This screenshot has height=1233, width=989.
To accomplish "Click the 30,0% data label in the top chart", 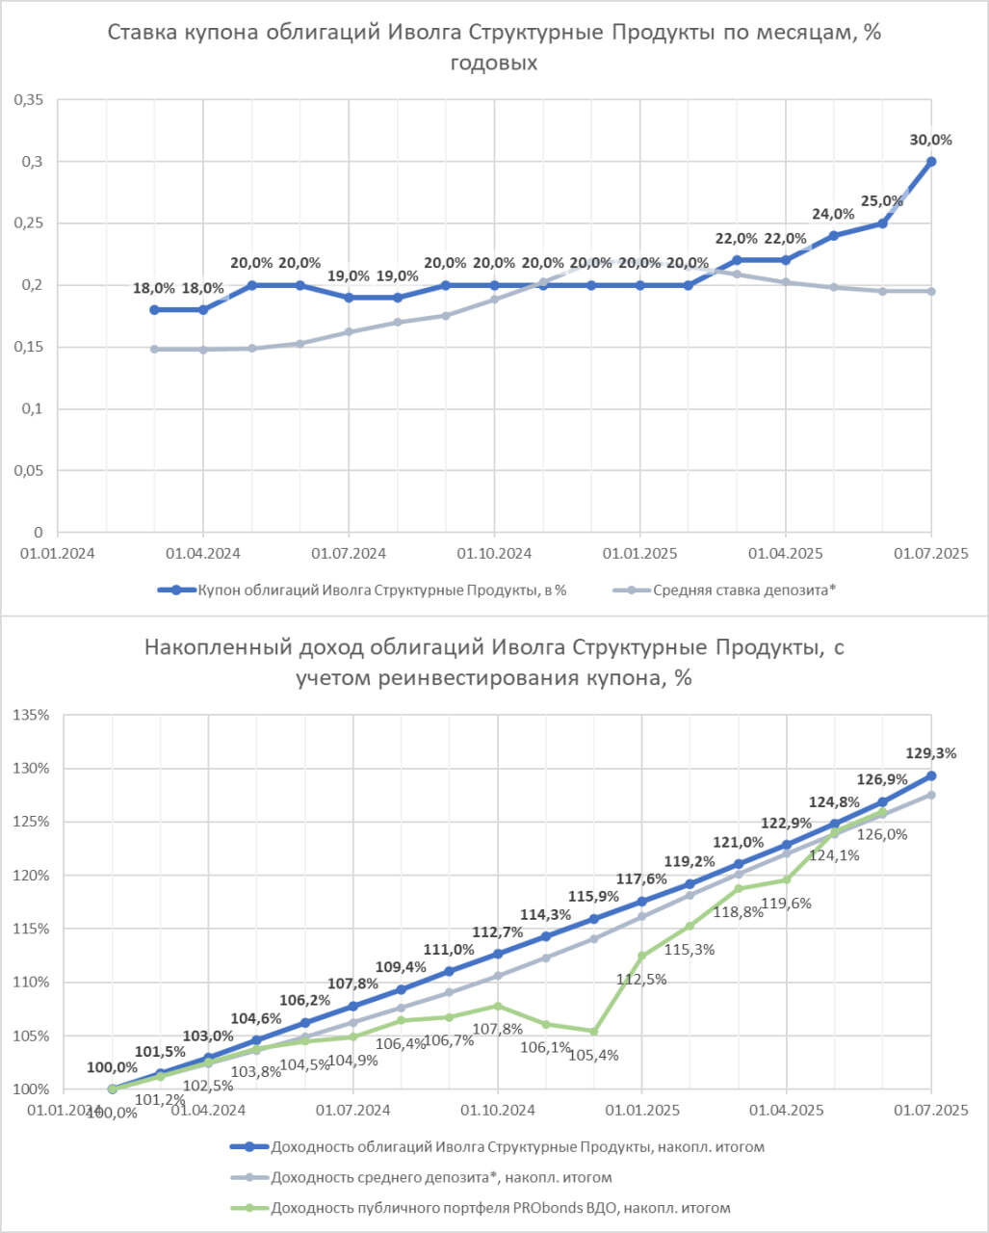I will [x=930, y=140].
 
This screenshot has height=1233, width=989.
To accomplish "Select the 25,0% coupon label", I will [x=882, y=201].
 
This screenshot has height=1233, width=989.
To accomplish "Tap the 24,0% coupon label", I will [x=833, y=214].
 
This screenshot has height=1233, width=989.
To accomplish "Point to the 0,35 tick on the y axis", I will [x=28, y=99].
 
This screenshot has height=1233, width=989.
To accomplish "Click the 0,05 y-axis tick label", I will [x=28, y=471].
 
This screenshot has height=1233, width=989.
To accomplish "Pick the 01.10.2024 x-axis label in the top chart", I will [x=494, y=555].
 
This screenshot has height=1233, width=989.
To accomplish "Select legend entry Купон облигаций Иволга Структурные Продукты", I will [x=381, y=590].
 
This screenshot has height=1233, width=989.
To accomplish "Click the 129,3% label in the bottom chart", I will [x=930, y=753].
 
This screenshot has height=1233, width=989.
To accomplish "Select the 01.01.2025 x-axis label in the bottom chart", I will [x=640, y=1111].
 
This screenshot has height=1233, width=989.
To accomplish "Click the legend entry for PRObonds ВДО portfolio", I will [x=501, y=1207].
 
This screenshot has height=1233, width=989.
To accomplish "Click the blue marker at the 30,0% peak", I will [x=931, y=162].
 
